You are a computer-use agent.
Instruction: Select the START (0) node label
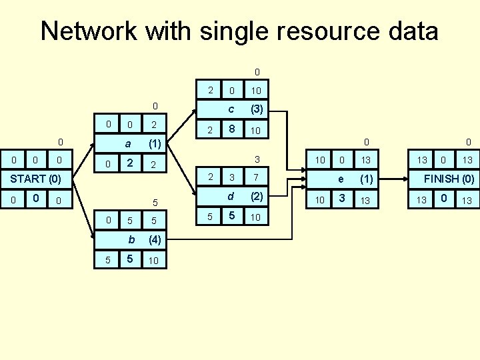click(35, 179)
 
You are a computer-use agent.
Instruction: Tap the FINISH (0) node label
click(449, 179)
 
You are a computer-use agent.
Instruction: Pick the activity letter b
click(131, 239)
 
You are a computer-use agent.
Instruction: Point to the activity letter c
click(231, 109)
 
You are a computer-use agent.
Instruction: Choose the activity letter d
click(231, 197)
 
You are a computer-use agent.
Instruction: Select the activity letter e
click(341, 179)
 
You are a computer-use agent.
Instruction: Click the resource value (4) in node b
click(154, 239)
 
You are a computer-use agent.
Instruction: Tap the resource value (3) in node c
click(255, 109)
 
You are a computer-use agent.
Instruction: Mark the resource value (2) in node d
click(255, 197)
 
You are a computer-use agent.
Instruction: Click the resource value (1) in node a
click(154, 143)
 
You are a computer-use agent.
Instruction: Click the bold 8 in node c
click(231, 129)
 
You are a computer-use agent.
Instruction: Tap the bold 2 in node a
click(131, 163)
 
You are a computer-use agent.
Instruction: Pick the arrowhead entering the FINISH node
click(405, 179)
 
